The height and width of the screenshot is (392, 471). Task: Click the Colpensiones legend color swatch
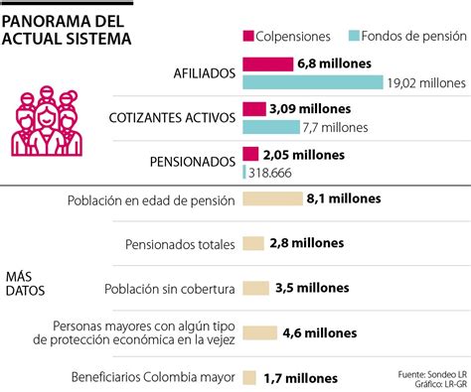248,37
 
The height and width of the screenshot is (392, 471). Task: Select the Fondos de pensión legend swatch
356,37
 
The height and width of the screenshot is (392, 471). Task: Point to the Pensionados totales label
180,243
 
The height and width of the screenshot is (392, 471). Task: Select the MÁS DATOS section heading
27,280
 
